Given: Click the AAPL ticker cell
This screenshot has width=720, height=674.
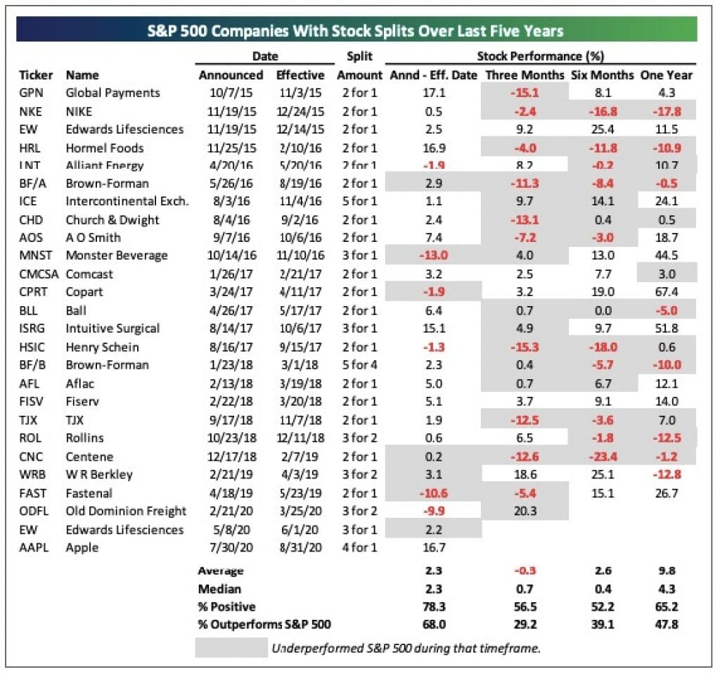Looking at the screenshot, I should click(x=34, y=547).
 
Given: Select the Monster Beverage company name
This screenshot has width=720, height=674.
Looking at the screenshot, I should click(x=116, y=255).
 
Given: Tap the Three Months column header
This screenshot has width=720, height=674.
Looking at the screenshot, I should click(x=525, y=75).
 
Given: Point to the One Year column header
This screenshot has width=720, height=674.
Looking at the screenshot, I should click(x=666, y=75).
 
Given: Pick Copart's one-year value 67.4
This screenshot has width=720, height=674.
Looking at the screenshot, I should click(x=666, y=291).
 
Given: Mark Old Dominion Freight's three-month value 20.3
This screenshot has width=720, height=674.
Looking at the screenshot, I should click(x=525, y=511).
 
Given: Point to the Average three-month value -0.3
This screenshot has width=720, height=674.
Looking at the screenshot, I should click(x=525, y=571).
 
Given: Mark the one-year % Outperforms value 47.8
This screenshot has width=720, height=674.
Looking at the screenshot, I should click(x=666, y=624).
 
